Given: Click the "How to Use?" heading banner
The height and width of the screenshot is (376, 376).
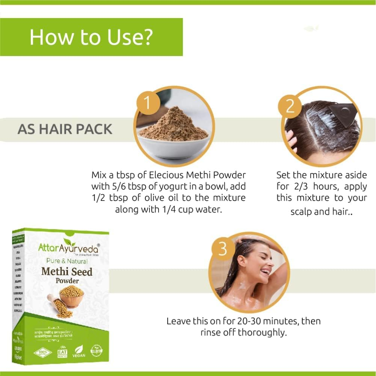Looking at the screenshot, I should point(91,37).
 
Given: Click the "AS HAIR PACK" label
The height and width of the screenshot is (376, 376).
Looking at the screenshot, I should point(65,129).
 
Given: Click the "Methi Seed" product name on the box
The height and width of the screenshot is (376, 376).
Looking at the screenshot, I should point(67,271).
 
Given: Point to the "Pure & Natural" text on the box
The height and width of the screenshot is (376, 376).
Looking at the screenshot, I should point(67,261).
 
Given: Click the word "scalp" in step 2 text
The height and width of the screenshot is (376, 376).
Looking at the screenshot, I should point(301,212).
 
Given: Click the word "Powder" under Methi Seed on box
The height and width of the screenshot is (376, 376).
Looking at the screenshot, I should point(67,280).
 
